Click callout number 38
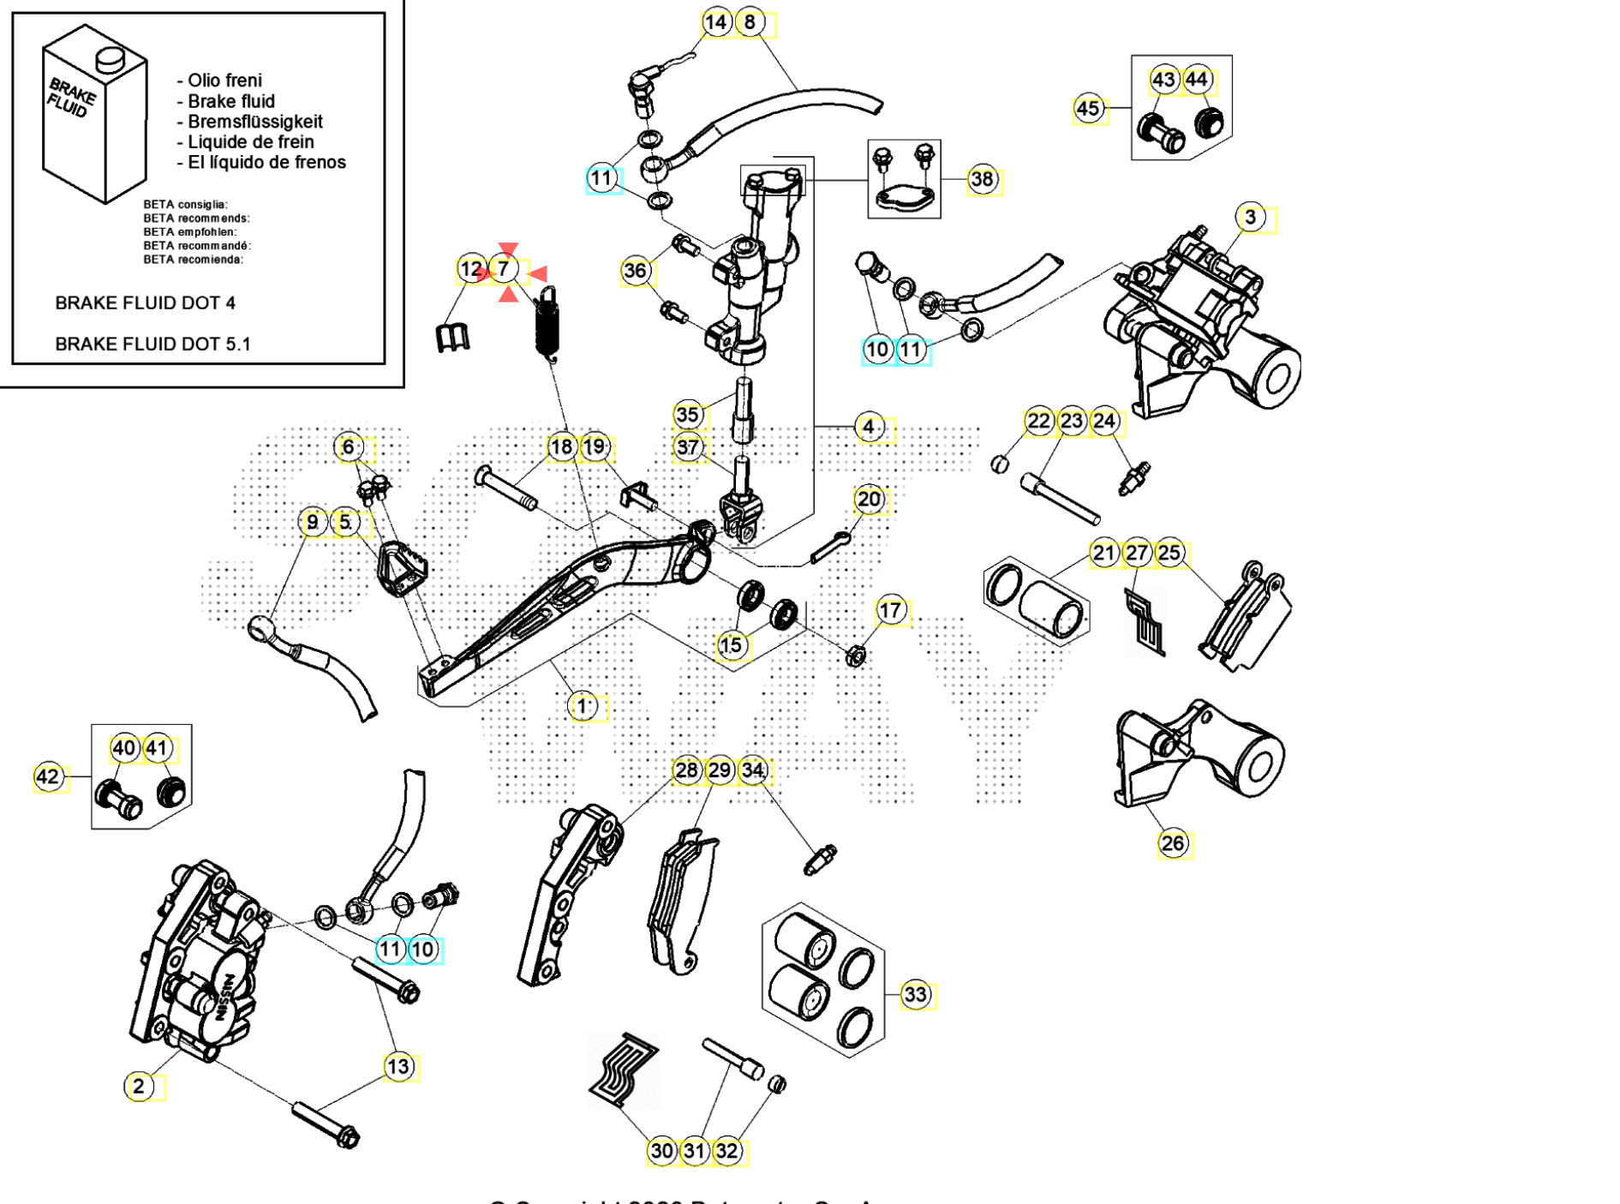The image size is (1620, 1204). tap(982, 180)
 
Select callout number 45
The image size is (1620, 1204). tap(1087, 109)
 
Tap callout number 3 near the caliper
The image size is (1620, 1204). tap(1250, 218)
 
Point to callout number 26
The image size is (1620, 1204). tap(1172, 843)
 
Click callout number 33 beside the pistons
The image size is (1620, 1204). tap(915, 995)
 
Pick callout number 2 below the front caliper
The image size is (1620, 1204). tap(139, 1087)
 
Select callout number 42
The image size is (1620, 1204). tap(48, 777)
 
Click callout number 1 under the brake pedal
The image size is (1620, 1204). tap(582, 706)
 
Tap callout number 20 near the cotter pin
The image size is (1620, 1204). tap(868, 500)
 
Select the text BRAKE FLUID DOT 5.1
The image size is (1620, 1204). tap(152, 344)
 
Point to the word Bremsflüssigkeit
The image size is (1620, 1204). tap(254, 122)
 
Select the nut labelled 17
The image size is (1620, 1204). tap(854, 656)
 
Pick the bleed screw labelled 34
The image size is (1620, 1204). tap(819, 860)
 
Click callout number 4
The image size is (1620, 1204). tap(868, 427)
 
